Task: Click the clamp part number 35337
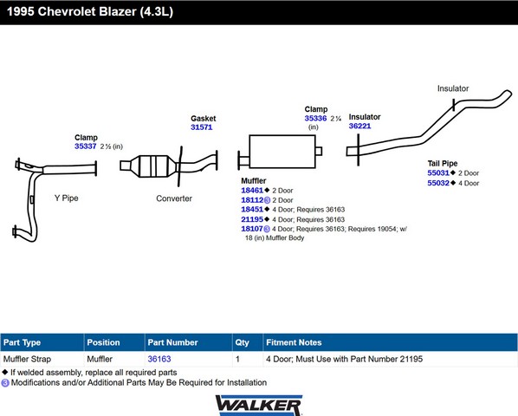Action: click(85, 146)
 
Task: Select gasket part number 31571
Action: click(202, 127)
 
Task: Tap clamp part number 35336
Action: click(315, 118)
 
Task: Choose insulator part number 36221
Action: click(359, 126)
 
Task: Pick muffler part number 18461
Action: click(252, 191)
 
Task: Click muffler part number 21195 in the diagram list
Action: click(252, 219)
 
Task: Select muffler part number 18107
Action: click(252, 229)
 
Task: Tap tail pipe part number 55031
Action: click(438, 172)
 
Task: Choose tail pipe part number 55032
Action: click(438, 183)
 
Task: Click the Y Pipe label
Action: click(67, 198)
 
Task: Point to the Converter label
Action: click(174, 198)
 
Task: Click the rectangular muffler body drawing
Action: click(282, 152)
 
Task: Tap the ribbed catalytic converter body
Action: click(152, 166)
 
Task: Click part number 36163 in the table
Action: click(159, 359)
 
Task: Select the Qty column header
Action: click(243, 342)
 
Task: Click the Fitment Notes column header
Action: click(294, 342)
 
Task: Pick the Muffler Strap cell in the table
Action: click(27, 359)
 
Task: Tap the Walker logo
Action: click(259, 406)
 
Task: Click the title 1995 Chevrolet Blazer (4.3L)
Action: click(90, 11)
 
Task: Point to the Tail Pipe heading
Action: click(443, 164)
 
